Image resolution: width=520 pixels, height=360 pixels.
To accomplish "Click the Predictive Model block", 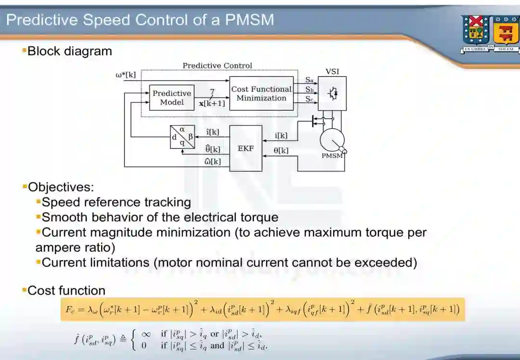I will coord(171,98).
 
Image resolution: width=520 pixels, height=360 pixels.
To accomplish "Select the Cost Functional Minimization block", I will coord(261,93).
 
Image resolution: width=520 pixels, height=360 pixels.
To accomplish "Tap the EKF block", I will coord(246,148).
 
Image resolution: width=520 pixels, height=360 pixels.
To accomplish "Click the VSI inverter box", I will coord(332,93).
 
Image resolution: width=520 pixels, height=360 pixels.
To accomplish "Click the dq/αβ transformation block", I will coord(182,137).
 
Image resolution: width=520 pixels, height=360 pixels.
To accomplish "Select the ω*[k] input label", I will coord(126,75).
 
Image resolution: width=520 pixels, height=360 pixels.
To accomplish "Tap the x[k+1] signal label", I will coord(212,103).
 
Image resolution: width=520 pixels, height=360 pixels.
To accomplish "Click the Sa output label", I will coord(310,80).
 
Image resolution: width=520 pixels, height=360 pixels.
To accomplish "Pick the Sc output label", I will coord(310,99).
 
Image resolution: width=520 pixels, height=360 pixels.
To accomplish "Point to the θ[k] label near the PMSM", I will coord(281,151).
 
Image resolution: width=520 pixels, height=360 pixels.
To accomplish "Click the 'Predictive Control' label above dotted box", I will coord(217,65).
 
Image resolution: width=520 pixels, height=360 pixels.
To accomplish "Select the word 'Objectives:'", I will coord(61,187).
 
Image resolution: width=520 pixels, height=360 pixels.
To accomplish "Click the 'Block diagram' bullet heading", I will coord(69,51).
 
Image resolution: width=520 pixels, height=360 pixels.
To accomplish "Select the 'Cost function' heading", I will coord(66,290).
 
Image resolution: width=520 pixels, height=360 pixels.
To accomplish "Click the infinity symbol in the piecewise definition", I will coord(144,334).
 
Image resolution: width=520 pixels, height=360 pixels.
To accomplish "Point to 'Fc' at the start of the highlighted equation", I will coord(70,309).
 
